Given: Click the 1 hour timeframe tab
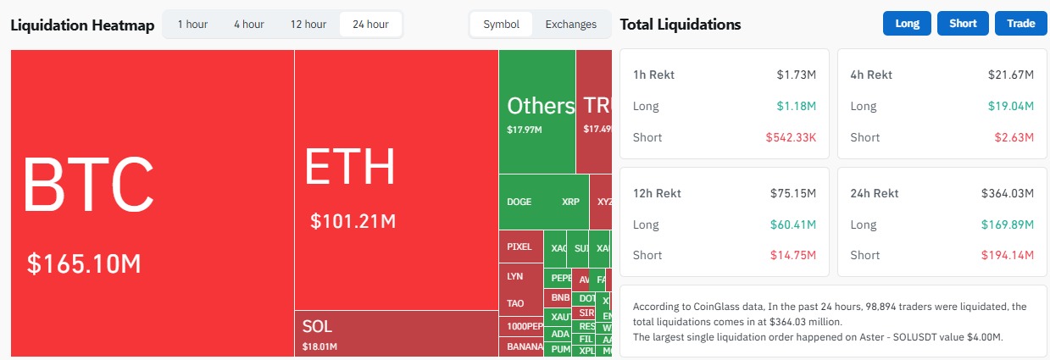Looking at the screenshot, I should coord(192,25).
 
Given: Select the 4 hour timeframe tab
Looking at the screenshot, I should coord(248,25).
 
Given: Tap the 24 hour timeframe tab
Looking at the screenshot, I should coord(370,25).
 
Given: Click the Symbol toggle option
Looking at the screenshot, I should coord(501,25).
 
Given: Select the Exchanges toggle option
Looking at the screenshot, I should coord(570,25).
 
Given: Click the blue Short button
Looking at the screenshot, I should coord(963,24).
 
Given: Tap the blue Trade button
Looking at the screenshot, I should coord(1020,24).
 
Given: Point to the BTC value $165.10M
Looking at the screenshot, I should coord(84,263).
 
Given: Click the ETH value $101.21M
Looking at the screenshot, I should coord(353,222).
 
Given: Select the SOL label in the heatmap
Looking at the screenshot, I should coord(317,326).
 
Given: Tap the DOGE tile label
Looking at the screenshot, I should coord(519,202).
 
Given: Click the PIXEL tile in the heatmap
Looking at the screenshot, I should coord(519,247).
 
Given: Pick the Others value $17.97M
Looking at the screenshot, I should coord(525,130).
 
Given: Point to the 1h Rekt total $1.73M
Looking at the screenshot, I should coord(796,75).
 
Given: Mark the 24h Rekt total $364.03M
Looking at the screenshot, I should coord(1007,193).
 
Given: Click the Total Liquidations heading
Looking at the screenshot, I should coord(681,25).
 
